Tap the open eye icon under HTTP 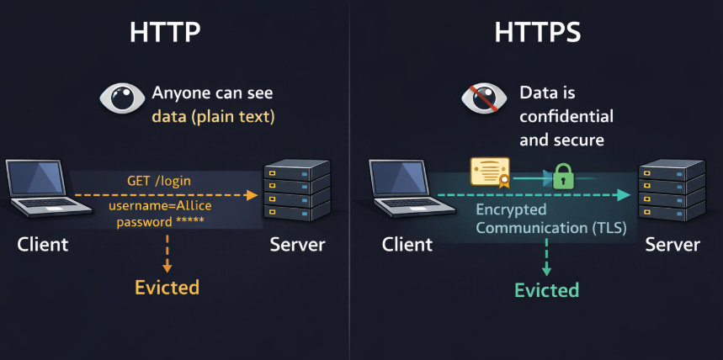click(123, 98)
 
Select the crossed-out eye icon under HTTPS click(484, 98)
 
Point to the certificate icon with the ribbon click(491, 172)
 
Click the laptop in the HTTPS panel click(402, 193)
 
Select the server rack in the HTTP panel click(296, 191)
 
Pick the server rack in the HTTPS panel click(671, 191)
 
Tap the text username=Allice click(161, 207)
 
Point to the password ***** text click(159, 222)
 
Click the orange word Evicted click(167, 287)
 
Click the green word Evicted click(546, 290)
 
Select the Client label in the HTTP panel click(42, 245)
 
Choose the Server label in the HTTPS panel click(672, 245)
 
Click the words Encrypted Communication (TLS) click(550, 219)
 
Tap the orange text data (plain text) click(213, 116)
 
